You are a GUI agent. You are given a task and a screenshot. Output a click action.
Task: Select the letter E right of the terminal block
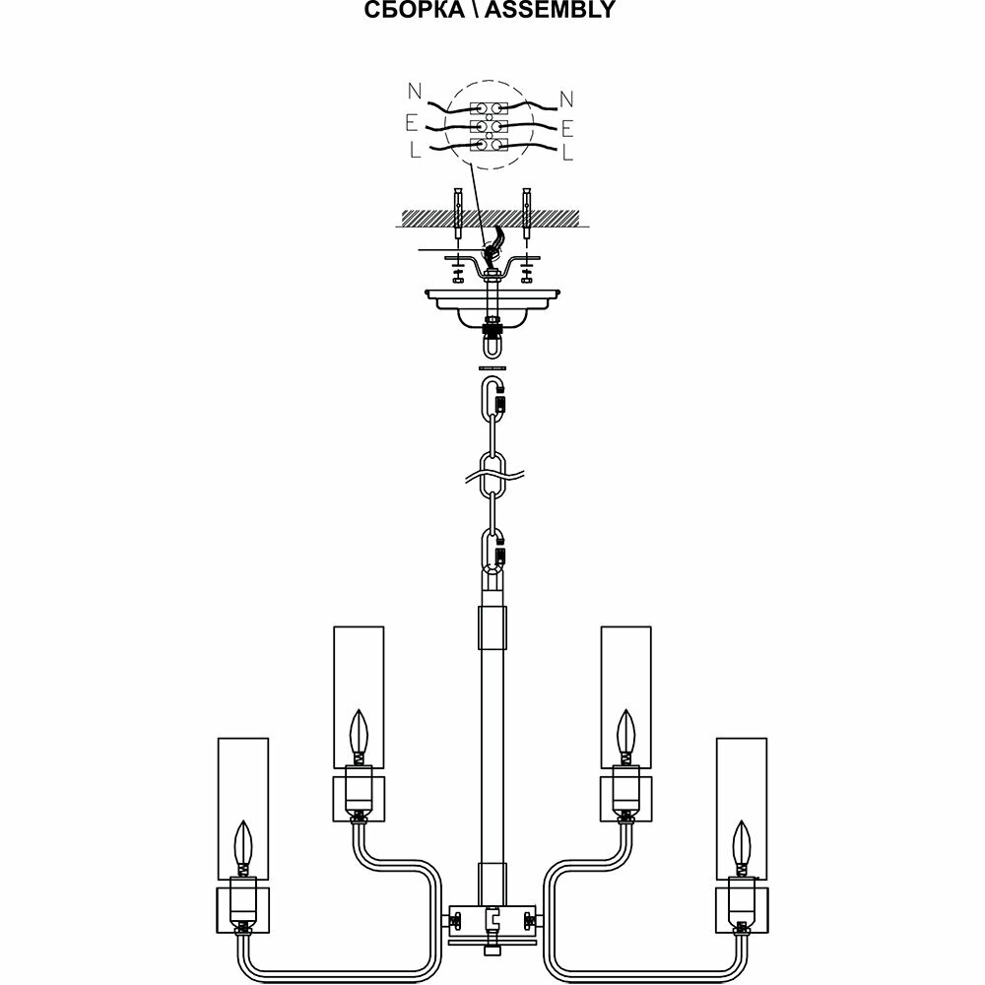click(567, 128)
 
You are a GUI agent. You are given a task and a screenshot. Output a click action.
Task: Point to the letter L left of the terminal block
click(415, 151)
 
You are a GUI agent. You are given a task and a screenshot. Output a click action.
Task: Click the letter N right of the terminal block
click(565, 98)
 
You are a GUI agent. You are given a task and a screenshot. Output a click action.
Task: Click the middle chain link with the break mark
click(492, 473)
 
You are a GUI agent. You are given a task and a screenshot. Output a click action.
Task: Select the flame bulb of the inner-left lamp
click(359, 734)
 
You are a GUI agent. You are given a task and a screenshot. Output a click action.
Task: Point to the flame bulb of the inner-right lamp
click(626, 734)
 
